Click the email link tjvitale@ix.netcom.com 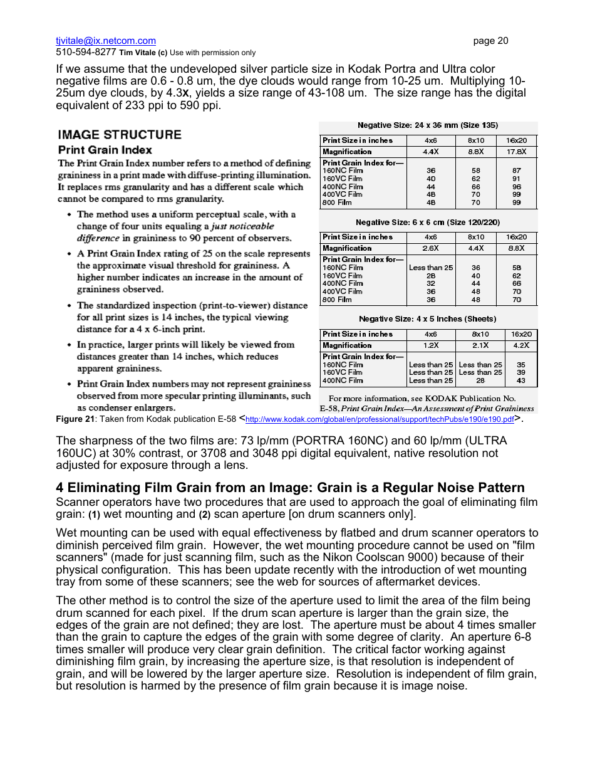point(106,41)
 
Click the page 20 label point(490,41)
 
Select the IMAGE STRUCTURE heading point(120,134)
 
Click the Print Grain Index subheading point(105,150)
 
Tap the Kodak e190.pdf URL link point(380,419)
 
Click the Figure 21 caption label point(75,419)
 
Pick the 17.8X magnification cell point(516,152)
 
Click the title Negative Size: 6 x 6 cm point(428,222)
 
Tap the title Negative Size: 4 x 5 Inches point(427,319)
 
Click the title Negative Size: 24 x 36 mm point(428,125)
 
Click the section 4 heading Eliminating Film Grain point(290,488)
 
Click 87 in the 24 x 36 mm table point(517,170)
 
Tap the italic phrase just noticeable point(242,226)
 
